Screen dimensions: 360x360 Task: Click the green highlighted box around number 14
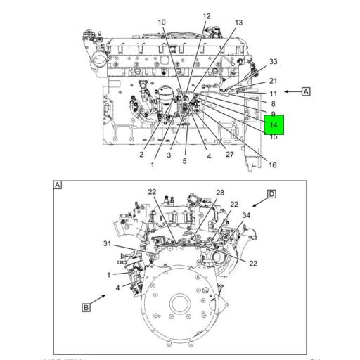(x=274, y=125)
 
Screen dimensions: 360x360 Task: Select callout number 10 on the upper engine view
(x=162, y=22)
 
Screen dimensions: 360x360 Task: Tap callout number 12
(x=206, y=16)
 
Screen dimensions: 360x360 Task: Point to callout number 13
(x=239, y=22)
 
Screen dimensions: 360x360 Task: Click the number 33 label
(x=273, y=62)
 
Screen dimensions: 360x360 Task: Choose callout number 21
(x=273, y=82)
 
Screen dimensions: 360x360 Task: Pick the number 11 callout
(x=273, y=93)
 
